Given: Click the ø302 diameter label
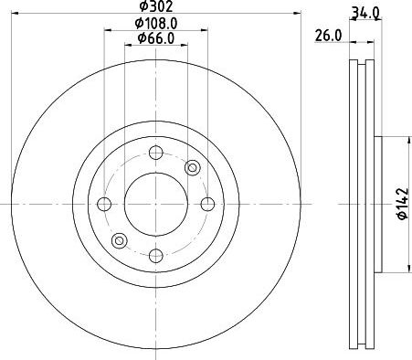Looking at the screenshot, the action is click(156, 5).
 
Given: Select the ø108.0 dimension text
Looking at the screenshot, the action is click(156, 24).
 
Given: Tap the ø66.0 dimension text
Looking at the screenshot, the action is click(156, 38).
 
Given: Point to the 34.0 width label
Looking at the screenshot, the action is click(365, 13).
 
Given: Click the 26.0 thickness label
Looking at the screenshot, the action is click(328, 36).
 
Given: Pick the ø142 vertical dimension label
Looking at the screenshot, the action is click(402, 204).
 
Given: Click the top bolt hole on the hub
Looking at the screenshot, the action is click(156, 153).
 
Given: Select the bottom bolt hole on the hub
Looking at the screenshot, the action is click(156, 256).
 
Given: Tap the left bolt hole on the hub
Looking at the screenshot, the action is click(104, 204).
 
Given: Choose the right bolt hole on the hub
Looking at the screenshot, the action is click(207, 204).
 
